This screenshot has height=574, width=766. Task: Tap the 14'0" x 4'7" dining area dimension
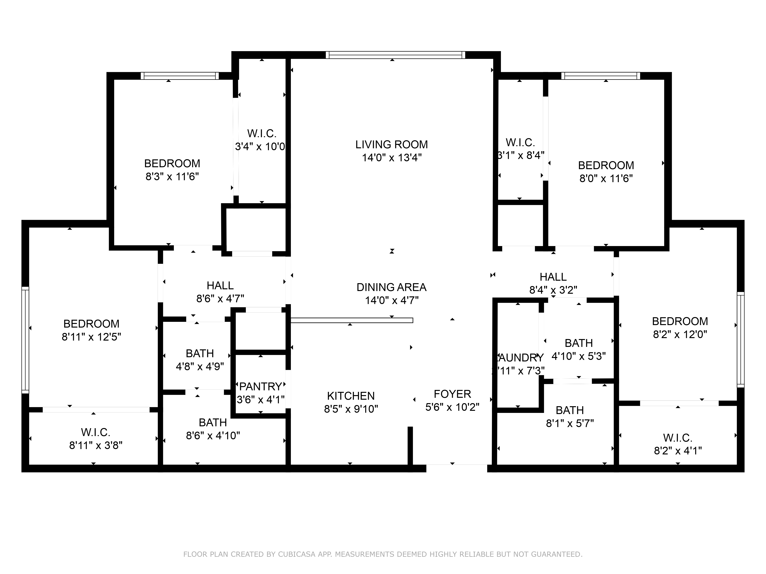[x=392, y=300]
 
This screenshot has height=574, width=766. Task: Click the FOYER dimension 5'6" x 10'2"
[x=452, y=407]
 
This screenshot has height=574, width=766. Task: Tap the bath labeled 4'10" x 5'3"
[x=579, y=356]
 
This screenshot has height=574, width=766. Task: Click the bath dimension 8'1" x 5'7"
[x=570, y=423]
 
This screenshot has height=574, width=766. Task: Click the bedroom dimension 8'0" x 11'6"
[x=606, y=179]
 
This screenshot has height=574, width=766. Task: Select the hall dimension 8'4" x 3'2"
[x=553, y=290]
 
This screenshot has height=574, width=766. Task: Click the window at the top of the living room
[x=395, y=55]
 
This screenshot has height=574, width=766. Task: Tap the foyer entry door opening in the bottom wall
[x=456, y=468]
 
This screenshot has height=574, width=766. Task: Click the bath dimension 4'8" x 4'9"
[x=200, y=366]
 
